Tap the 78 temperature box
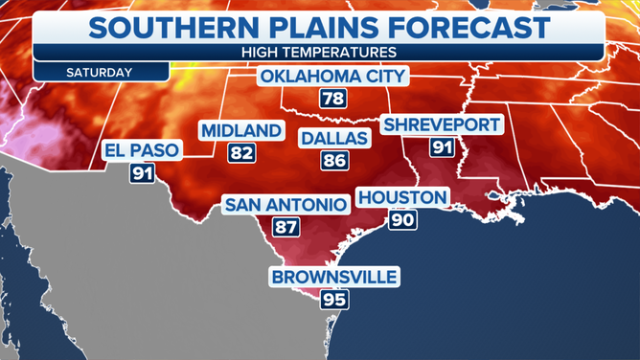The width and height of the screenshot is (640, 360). [332, 100]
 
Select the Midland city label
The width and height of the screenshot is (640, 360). [241, 130]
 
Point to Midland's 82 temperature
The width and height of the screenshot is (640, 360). [240, 152]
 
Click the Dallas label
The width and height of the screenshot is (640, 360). [334, 139]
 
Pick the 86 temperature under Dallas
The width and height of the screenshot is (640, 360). [334, 161]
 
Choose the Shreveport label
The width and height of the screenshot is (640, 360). [442, 124]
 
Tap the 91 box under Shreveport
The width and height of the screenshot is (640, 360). [442, 147]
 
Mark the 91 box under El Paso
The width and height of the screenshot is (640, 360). [142, 174]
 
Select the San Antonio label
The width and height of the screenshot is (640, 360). [285, 205]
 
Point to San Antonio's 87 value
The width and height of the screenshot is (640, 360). [285, 228]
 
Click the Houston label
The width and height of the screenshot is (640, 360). [401, 198]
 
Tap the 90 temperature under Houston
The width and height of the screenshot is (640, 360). [401, 220]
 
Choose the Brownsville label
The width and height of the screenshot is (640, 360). [334, 278]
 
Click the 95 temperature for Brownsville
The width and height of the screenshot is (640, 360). [334, 300]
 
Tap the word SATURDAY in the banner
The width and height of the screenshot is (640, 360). [100, 72]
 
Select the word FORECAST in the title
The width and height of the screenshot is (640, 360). [461, 26]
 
